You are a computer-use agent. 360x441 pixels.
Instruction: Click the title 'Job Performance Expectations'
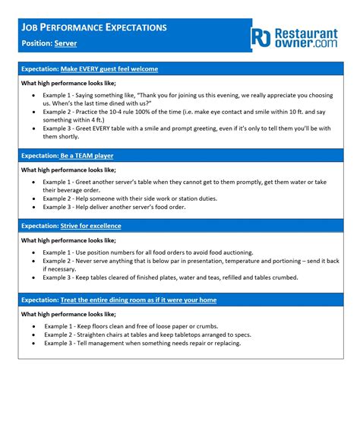coord(94,27)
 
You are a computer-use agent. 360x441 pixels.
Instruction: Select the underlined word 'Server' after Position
coord(65,43)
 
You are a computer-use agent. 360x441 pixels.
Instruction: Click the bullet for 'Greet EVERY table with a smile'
coord(33,128)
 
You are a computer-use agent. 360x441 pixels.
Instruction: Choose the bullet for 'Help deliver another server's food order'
coord(33,207)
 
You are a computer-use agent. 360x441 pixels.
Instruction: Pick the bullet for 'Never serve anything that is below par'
coord(33,261)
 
